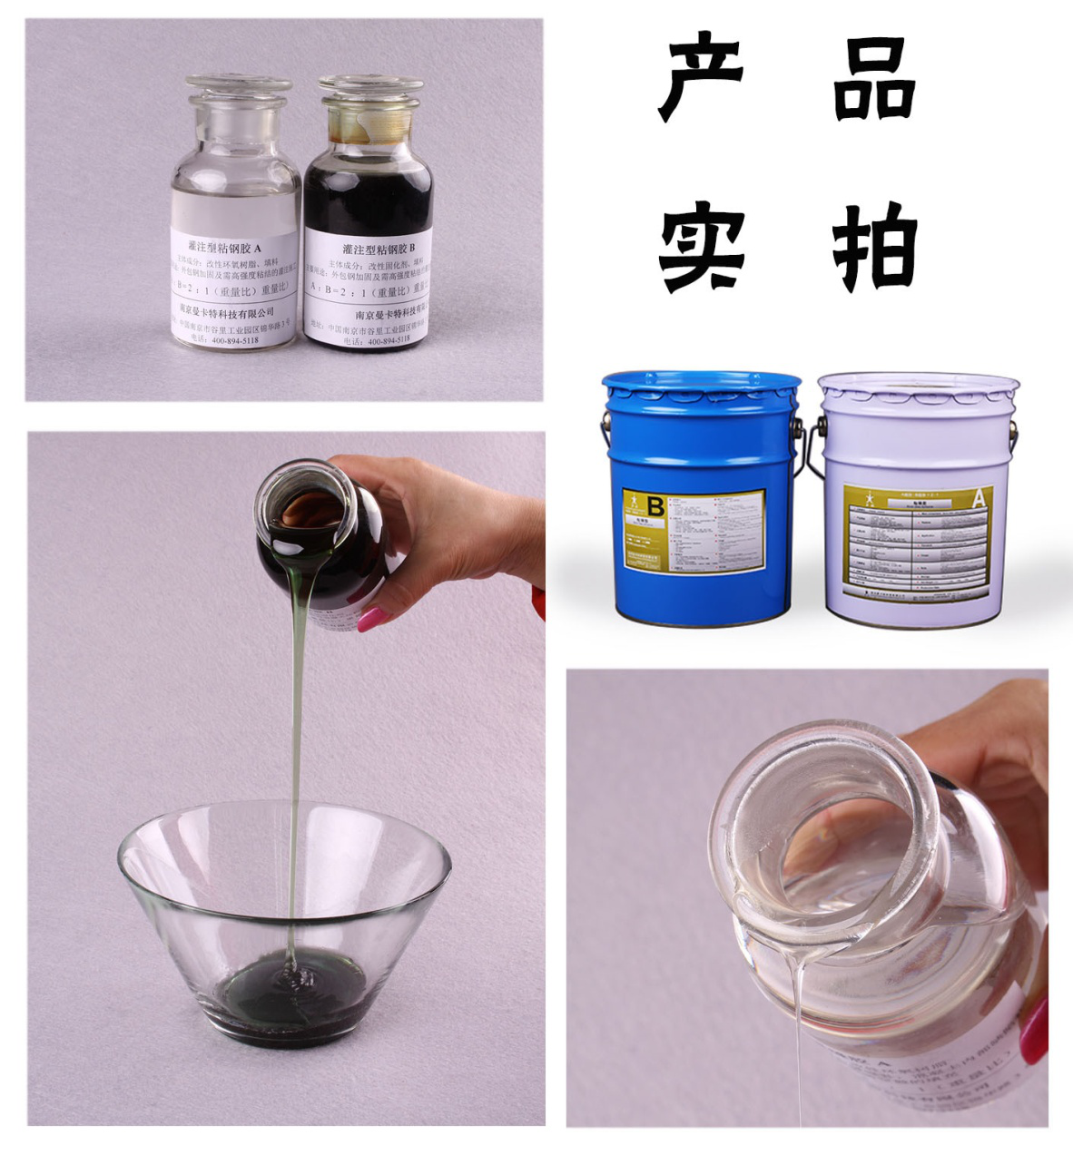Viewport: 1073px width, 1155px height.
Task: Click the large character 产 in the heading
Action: click(700, 79)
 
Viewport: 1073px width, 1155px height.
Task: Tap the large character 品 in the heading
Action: click(873, 80)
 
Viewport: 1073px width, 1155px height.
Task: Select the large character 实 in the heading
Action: click(702, 248)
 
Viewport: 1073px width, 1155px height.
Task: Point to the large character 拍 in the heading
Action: click(875, 247)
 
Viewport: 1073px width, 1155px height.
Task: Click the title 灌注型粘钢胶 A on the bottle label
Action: click(224, 247)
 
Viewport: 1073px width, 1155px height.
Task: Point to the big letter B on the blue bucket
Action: click(653, 504)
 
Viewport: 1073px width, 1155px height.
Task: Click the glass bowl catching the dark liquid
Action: click(283, 916)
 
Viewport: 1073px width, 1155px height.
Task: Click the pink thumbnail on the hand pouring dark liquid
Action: click(373, 620)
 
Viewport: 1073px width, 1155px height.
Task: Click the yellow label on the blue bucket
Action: click(694, 532)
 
